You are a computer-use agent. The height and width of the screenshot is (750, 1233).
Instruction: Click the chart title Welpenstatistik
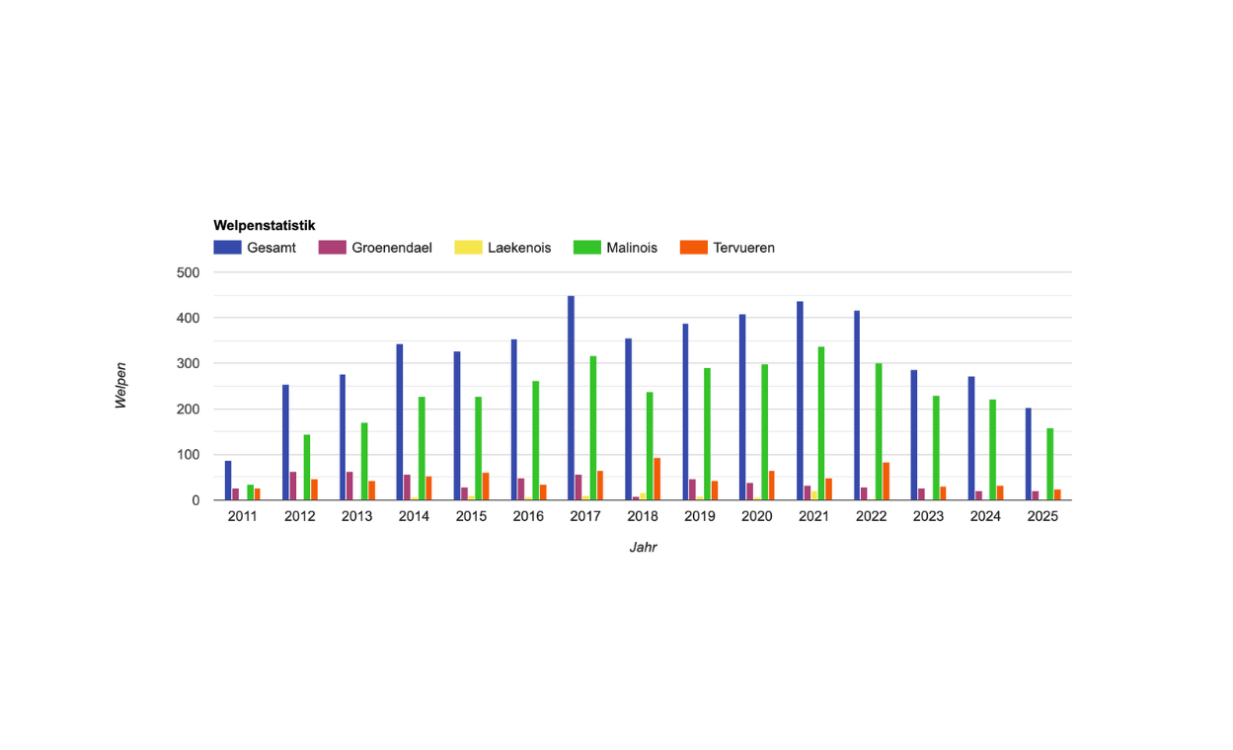pyautogui.click(x=264, y=226)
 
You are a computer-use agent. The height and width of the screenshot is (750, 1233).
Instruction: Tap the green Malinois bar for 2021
pyautogui.click(x=821, y=423)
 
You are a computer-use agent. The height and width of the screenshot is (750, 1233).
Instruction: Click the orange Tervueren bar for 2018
pyautogui.click(x=656, y=479)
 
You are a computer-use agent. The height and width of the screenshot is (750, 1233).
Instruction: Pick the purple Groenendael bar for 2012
pyautogui.click(x=293, y=486)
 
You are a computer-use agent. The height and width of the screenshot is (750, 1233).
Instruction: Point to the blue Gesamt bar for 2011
pyautogui.click(x=228, y=481)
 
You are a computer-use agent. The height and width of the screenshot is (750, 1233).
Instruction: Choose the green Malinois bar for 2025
pyautogui.click(x=1049, y=464)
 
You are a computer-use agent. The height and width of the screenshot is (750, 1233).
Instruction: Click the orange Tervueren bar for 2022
pyautogui.click(x=886, y=482)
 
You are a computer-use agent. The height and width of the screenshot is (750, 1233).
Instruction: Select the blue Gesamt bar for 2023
pyautogui.click(x=914, y=435)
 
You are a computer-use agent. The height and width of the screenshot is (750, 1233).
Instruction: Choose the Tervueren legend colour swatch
pyautogui.click(x=693, y=248)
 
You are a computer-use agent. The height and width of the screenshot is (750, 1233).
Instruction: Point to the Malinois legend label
pyautogui.click(x=632, y=248)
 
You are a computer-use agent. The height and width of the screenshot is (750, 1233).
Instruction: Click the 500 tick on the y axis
pyautogui.click(x=188, y=272)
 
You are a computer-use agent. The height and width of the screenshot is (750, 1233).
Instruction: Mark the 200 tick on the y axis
pyautogui.click(x=188, y=410)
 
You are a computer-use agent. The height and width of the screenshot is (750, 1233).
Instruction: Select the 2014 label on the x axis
pyautogui.click(x=414, y=517)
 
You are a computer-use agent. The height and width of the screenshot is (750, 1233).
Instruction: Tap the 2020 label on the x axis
pyautogui.click(x=757, y=517)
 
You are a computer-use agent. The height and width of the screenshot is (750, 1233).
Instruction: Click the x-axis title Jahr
pyautogui.click(x=643, y=547)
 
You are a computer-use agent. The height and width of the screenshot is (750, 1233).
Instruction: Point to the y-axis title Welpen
pyautogui.click(x=121, y=386)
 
